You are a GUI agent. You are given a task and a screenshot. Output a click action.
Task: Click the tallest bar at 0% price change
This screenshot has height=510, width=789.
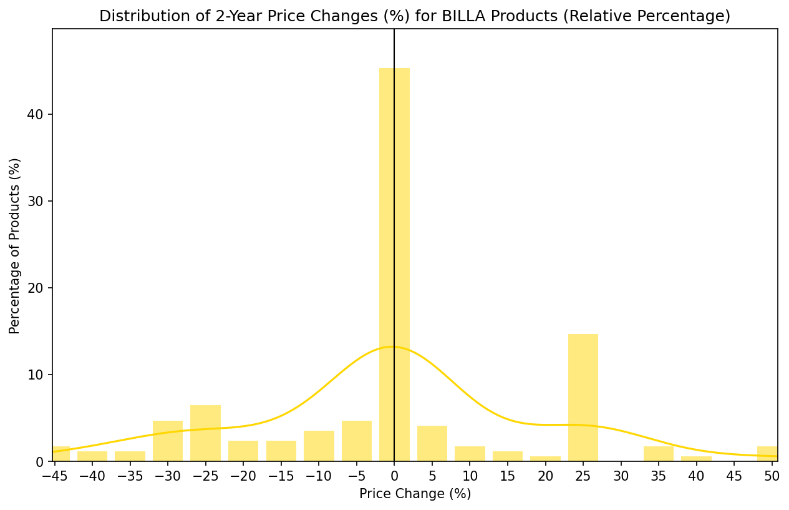pos(394,262)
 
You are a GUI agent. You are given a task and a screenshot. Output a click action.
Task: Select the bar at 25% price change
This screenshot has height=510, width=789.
pos(583,400)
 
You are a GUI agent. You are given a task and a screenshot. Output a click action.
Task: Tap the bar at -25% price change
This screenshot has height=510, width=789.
pos(205,434)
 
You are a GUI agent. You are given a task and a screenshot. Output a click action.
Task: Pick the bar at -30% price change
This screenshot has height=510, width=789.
pos(168,441)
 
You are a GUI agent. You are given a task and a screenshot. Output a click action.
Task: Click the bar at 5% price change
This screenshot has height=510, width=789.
pos(432,444)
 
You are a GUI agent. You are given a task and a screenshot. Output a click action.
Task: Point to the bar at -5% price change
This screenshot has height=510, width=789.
pos(357,441)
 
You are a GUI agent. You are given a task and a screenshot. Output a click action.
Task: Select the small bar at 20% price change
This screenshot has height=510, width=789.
pos(545,459)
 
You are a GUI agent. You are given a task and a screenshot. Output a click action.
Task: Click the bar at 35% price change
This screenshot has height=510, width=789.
pos(659,454)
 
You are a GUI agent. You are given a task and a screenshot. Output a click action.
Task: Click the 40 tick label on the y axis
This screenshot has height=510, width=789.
pos(39,115)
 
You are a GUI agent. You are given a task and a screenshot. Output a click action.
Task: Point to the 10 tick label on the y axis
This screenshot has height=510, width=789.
pos(39,375)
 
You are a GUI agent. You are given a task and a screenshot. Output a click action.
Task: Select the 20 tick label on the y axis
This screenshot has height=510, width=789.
pos(39,288)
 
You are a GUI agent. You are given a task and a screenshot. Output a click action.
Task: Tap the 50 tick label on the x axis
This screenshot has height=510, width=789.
pos(772,476)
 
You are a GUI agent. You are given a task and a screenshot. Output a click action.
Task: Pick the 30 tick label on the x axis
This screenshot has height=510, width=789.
pos(621,476)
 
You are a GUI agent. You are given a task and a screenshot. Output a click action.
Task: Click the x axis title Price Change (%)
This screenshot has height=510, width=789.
pos(415,494)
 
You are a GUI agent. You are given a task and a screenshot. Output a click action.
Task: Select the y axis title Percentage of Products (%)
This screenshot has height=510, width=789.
pos(15,245)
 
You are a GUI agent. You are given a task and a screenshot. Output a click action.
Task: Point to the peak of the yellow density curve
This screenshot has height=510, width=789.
pos(392,346)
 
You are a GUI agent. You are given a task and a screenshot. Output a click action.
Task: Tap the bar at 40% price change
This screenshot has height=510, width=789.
pos(696,459)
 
